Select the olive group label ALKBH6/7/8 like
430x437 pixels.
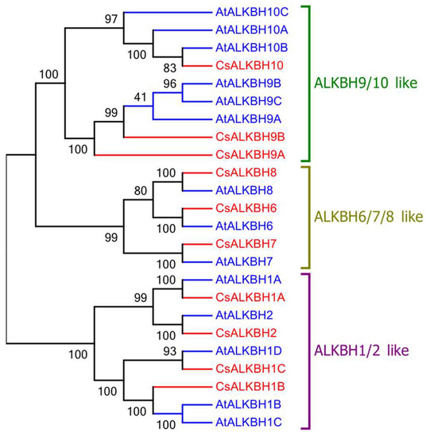[x=369, y=216]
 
